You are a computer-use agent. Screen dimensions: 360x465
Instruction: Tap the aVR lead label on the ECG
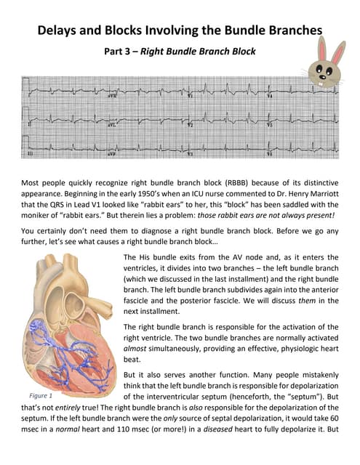113,96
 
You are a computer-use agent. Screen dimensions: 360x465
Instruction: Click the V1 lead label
191,96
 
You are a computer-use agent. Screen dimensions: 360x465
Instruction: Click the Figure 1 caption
41,396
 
